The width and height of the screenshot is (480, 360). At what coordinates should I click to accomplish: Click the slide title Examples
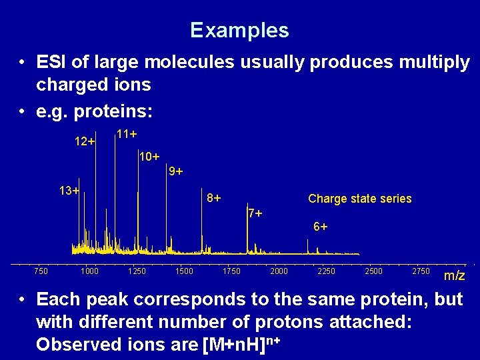239,31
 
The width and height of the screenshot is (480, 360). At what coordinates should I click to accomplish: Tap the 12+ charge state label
84,142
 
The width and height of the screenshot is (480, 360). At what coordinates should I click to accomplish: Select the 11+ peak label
126,134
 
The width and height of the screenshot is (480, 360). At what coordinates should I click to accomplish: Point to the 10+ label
149,157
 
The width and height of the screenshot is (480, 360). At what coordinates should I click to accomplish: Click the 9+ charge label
175,172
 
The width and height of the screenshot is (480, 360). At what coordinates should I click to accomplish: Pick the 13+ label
69,191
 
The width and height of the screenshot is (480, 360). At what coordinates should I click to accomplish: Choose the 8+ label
214,198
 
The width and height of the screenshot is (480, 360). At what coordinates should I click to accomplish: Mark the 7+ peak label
255,214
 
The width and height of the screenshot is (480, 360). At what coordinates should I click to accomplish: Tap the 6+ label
320,227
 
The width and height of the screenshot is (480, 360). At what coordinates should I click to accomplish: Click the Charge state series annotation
359,199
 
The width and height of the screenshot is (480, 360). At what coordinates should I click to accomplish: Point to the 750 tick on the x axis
41,271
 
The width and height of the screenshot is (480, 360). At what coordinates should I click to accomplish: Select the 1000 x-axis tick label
89,271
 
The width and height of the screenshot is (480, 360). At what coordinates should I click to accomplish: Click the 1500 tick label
184,271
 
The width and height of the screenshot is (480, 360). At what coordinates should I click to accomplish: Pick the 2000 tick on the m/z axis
279,271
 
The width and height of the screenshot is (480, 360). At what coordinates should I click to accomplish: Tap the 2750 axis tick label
421,271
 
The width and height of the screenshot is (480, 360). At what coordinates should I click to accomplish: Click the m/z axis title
455,275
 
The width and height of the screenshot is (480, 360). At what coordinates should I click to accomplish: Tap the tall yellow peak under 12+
95,200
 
